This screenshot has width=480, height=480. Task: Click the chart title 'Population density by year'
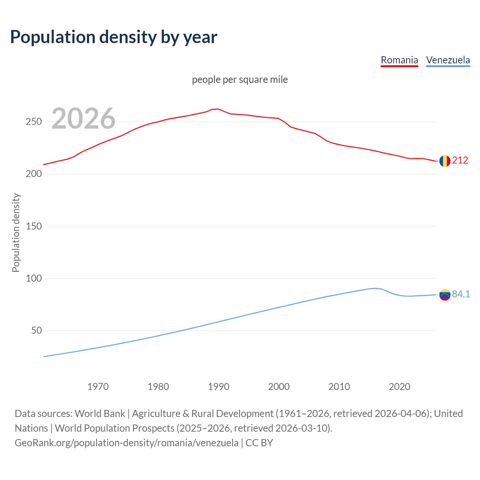pos(114,37)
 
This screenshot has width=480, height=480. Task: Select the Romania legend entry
pos(399,60)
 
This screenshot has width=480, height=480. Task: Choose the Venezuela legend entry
pos(448,60)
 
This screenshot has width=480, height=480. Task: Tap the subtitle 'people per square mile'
pos(240,79)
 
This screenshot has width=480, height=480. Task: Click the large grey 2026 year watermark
pos(83,118)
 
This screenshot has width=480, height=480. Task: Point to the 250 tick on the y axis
pos(34,122)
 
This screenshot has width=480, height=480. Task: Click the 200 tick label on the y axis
pos(34,174)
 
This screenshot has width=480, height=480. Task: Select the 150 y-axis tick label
pos(34,226)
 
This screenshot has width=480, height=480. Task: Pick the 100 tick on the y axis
pos(34,278)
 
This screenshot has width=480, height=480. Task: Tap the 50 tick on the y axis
pos(36,331)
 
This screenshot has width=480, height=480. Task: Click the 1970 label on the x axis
pos(98,387)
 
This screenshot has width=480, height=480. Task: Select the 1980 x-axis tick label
pos(158,387)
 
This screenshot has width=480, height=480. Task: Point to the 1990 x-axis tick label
pos(219,387)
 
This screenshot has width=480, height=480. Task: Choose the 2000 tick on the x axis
pos(279,387)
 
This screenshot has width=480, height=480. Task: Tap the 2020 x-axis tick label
pos(399,387)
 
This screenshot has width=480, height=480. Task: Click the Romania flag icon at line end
pos(445,161)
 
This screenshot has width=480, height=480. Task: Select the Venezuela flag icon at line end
pos(445,295)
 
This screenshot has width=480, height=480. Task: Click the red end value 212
pos(460,160)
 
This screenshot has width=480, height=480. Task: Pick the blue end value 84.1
pos(461,294)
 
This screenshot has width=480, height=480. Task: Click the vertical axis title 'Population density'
pos(16,232)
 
